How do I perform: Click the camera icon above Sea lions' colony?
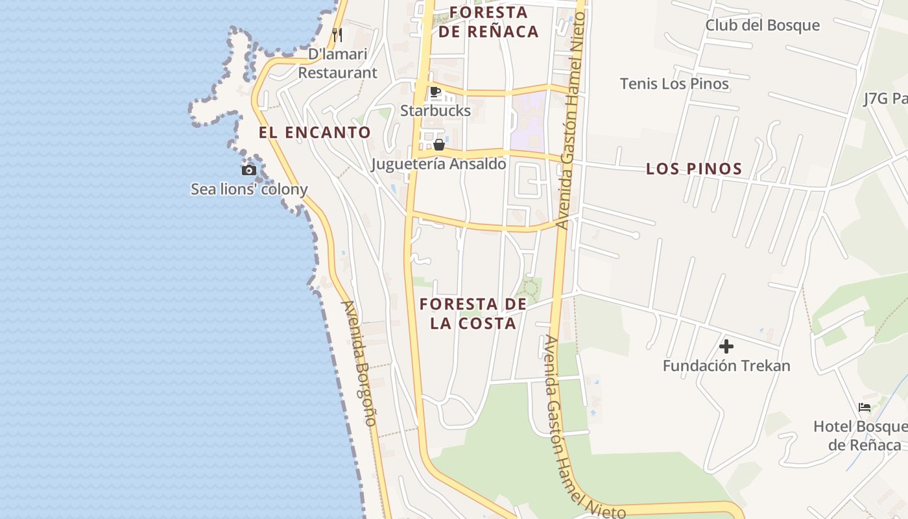(249, 171)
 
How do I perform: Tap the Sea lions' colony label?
(249, 189)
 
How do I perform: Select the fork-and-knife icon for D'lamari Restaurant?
(337, 34)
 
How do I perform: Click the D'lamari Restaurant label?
(337, 63)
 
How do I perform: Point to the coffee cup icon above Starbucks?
(435, 92)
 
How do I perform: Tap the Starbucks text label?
(435, 110)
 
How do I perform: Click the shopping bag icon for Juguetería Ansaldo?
(439, 145)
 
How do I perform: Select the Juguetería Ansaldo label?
(438, 163)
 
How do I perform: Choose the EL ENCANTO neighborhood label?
(315, 132)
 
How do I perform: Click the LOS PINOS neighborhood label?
(694, 169)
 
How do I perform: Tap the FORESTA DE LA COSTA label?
(473, 313)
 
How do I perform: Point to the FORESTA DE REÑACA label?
(488, 22)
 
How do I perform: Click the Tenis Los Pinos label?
(674, 84)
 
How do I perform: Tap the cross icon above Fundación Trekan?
(726, 346)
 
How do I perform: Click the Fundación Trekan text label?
(726, 365)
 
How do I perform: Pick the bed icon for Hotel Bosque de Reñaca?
(865, 407)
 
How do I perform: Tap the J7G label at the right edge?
(885, 99)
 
